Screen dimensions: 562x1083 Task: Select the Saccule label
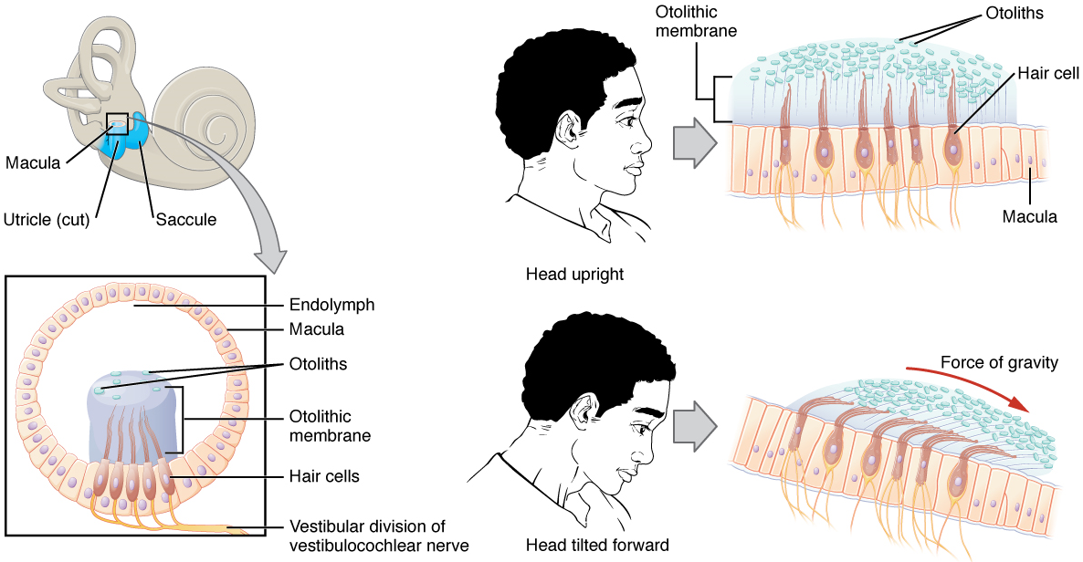185,220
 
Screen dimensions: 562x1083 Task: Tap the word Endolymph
331,304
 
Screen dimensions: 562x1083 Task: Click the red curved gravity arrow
978,389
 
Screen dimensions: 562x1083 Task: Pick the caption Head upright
574,274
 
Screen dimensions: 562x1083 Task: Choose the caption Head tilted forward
597,546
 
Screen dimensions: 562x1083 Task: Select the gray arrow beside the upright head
695,142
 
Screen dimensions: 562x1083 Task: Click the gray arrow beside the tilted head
695,424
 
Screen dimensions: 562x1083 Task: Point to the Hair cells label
323,475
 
